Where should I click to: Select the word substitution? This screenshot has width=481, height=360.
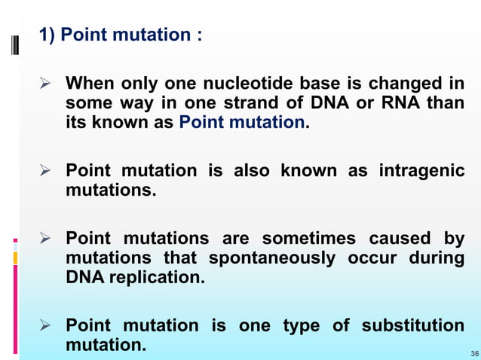coord(413,326)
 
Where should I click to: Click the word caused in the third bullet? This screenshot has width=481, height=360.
coord(399,239)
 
